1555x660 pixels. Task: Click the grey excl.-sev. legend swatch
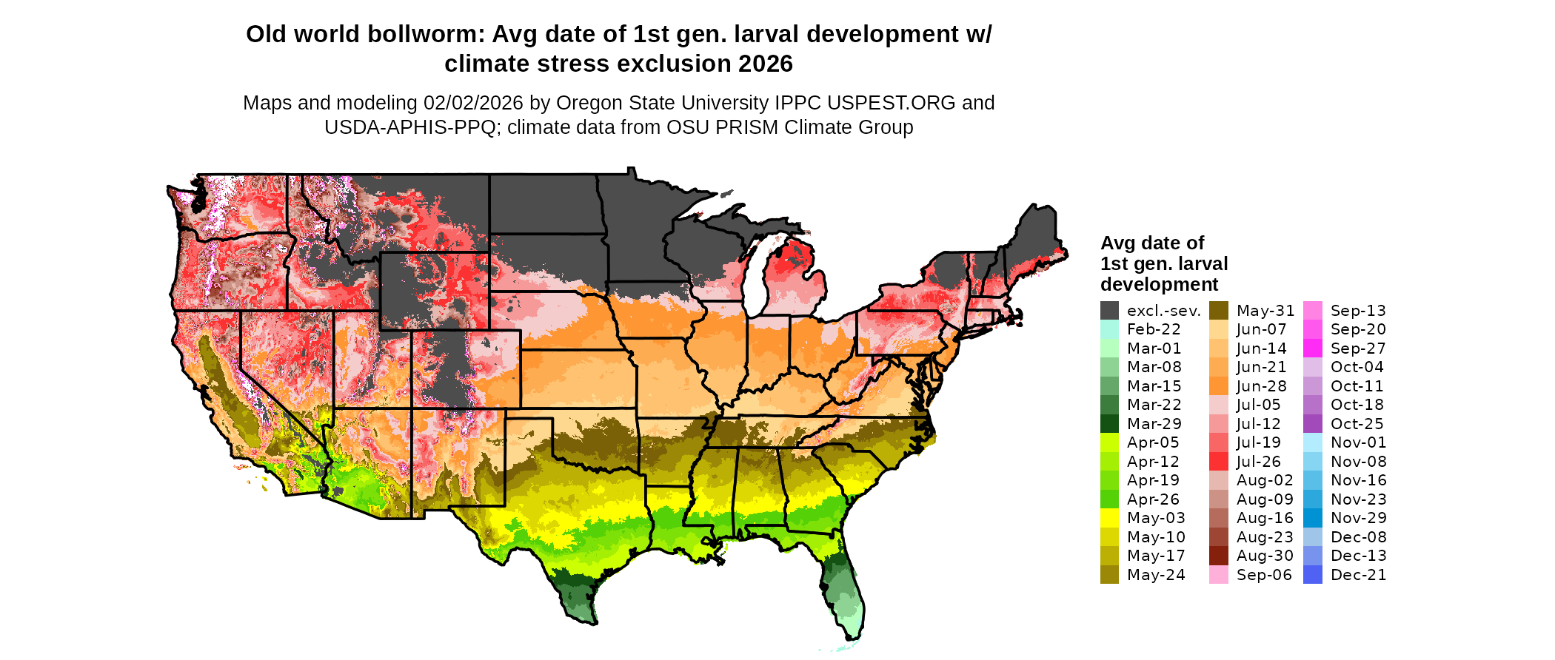[x=1109, y=311]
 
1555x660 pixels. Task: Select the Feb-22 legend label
[x=1154, y=329]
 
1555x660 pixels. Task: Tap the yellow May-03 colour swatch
[x=1109, y=518]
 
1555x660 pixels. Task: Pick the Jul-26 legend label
[x=1258, y=462]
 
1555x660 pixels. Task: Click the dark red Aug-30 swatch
[x=1219, y=556]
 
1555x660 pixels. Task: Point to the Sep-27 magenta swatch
[x=1312, y=348]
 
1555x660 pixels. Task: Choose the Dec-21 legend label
[x=1358, y=575]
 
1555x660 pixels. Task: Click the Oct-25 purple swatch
[x=1312, y=424]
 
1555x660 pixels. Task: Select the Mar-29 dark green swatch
[x=1109, y=424]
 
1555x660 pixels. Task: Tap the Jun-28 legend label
[x=1261, y=386]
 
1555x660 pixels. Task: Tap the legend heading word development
[x=1159, y=285]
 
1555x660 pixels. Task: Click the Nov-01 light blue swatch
[x=1312, y=442]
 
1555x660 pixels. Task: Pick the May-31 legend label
[x=1265, y=311]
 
